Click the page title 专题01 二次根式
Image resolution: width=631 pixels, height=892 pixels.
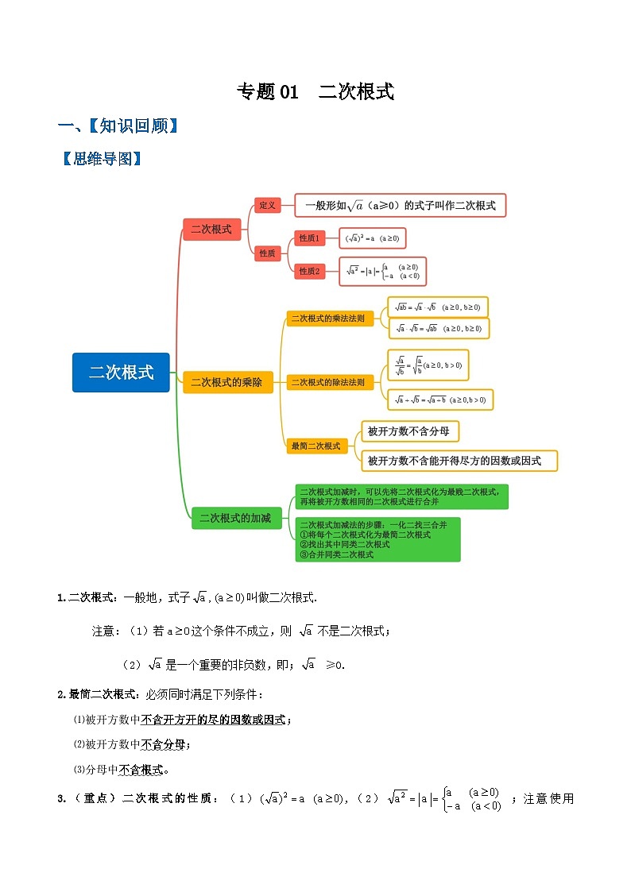[x=315, y=92]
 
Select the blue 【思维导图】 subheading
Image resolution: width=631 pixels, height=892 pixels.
[x=101, y=159]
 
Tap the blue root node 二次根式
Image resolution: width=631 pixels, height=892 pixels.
[x=121, y=373]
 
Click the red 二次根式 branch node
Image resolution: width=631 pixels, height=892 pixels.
[x=211, y=230]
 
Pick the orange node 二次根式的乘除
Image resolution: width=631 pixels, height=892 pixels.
[x=226, y=383]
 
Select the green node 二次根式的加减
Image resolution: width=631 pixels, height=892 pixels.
[x=234, y=518]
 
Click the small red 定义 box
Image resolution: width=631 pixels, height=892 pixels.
[x=268, y=206]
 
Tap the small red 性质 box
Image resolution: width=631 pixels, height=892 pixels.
[x=268, y=253]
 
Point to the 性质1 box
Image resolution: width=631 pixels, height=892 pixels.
[x=308, y=237]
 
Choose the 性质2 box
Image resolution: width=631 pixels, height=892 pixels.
[x=308, y=271]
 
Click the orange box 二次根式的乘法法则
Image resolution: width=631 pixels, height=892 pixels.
[x=327, y=319]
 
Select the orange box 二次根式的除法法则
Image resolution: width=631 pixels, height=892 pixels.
[x=327, y=383]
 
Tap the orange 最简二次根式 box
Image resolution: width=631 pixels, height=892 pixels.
[x=315, y=446]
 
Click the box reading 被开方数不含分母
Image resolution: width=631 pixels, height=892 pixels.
[x=410, y=431]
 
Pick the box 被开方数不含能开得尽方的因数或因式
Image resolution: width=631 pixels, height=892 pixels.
[x=459, y=461]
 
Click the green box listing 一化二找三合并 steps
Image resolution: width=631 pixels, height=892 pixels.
[x=377, y=539]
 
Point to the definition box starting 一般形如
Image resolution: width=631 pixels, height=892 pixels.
[x=400, y=205]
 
